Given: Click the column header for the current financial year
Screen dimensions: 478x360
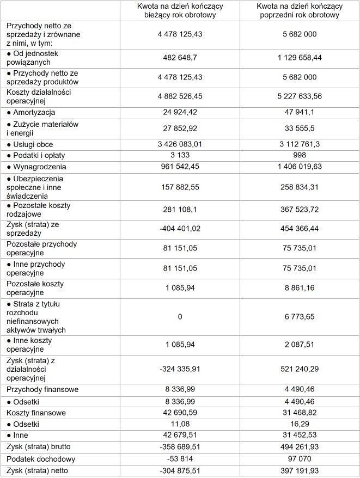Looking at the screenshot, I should point(179,10).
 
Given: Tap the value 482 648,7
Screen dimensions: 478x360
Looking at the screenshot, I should point(179,57).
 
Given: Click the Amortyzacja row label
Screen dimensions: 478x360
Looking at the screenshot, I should point(34,112).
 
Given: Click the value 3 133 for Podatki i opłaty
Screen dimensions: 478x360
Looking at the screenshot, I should point(179,156).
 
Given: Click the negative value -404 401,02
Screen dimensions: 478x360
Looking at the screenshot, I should point(179,229).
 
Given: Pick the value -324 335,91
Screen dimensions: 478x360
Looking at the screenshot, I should point(179,369).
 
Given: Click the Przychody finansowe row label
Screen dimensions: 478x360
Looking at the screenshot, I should point(42,389).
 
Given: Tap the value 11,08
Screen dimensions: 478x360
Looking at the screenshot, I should point(179,424).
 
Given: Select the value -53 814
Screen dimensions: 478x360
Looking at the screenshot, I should point(179,459).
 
